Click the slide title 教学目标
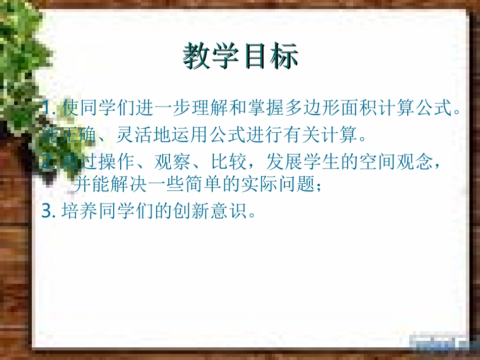click(x=241, y=56)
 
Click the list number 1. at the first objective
click(x=50, y=108)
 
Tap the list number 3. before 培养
click(x=49, y=211)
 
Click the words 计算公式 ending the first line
click(x=421, y=108)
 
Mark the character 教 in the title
click(x=197, y=56)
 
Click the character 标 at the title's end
click(x=284, y=56)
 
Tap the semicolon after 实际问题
click(x=318, y=187)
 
